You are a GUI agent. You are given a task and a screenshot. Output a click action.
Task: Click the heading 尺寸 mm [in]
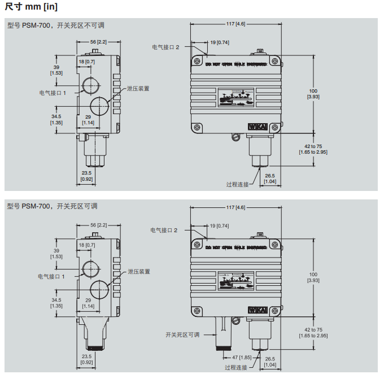(x=30, y=7)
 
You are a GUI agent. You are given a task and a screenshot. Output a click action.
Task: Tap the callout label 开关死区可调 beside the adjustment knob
(x=182, y=334)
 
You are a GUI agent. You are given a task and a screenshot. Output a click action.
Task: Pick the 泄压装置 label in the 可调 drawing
(x=139, y=271)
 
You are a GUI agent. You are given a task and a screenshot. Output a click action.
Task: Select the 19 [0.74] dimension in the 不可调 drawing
(x=220, y=42)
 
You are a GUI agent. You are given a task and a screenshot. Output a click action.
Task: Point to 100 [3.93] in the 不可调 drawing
(x=313, y=94)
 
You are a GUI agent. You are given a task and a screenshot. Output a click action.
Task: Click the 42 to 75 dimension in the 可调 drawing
(x=313, y=333)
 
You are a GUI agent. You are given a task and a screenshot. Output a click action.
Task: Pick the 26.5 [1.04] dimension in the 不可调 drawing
(x=270, y=178)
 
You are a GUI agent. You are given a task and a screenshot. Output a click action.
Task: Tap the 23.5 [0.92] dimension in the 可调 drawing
(x=86, y=359)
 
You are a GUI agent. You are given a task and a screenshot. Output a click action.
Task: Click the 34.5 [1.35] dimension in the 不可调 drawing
(x=56, y=119)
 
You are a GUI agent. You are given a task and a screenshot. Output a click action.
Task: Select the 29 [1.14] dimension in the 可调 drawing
(x=88, y=302)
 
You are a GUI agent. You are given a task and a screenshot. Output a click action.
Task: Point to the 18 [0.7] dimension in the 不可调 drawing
(x=86, y=61)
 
